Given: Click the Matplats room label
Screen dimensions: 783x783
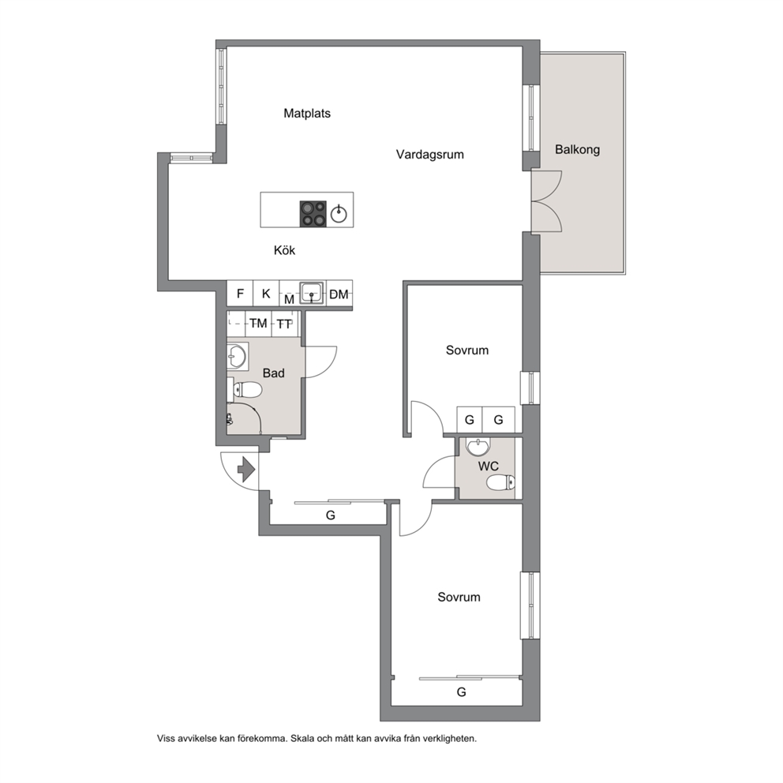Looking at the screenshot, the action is (306, 114).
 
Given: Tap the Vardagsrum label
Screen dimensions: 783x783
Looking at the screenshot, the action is (429, 154).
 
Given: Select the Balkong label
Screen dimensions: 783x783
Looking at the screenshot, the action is (577, 149).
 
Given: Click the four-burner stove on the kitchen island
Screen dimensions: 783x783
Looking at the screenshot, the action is (313, 214).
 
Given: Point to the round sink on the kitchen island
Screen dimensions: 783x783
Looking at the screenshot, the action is (339, 214).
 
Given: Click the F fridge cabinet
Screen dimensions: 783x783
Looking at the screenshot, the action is (240, 293).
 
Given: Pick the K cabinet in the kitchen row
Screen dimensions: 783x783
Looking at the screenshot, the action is (266, 293).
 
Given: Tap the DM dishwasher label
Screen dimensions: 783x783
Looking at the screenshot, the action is (339, 294).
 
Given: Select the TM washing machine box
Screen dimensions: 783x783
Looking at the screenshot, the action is (259, 324).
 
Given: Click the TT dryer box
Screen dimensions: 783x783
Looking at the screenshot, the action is (284, 324).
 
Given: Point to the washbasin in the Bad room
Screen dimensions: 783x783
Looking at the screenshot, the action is (237, 357).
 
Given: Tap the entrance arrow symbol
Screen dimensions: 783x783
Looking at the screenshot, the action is (246, 470).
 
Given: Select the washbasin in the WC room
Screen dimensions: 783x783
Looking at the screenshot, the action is (478, 447).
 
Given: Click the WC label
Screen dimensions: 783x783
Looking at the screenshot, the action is (488, 466).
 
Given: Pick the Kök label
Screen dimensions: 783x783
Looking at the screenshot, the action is (284, 250).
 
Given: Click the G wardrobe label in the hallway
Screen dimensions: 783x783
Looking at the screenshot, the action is (330, 515).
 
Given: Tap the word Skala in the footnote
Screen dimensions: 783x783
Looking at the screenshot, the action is (303, 738).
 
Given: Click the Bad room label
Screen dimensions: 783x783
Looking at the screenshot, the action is (274, 373).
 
